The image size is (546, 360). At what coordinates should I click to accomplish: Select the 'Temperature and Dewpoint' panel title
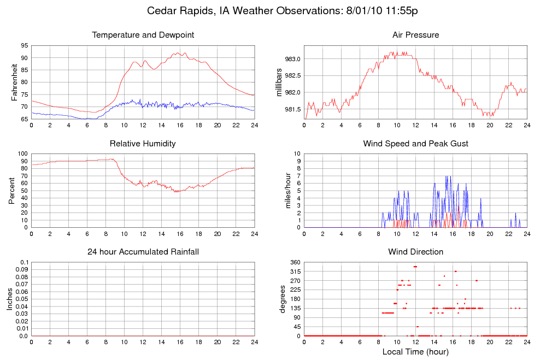pyautogui.click(x=143, y=36)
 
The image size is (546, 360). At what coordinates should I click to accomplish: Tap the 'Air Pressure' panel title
pyautogui.click(x=415, y=36)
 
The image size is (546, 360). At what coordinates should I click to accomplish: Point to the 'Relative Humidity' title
pyautogui.click(x=143, y=144)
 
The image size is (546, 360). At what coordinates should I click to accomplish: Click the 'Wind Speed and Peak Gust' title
pyautogui.click(x=415, y=144)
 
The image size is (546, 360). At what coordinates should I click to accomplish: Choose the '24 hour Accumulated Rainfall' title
pyautogui.click(x=143, y=252)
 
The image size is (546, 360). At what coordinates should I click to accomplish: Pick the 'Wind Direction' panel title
pyautogui.click(x=415, y=252)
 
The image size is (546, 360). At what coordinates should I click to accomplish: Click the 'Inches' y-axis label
pyautogui.click(x=9, y=299)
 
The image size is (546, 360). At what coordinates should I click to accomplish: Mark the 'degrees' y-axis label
pyautogui.click(x=283, y=299)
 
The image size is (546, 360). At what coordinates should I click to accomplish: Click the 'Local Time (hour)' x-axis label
pyautogui.click(x=415, y=352)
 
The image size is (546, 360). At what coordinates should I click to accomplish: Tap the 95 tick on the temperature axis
pyautogui.click(x=24, y=45)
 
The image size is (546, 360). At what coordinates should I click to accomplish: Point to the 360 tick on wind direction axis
pyautogui.click(x=294, y=262)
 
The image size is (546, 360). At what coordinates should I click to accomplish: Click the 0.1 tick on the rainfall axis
pyautogui.click(x=24, y=262)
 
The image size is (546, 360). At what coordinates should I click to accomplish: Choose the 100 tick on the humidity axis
pyautogui.click(x=22, y=154)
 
